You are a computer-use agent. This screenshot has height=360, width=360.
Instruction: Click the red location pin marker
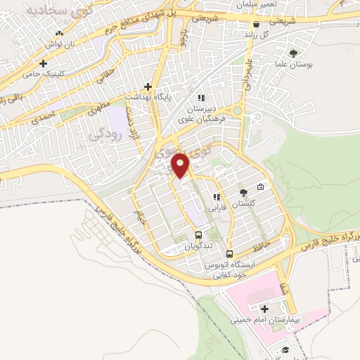181,165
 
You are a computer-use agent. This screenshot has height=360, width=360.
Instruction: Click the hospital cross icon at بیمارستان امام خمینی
264,309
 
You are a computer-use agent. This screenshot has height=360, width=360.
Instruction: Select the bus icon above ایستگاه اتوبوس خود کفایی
229,254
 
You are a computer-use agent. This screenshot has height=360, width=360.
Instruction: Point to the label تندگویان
198,247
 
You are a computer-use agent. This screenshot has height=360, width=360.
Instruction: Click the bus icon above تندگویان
198,236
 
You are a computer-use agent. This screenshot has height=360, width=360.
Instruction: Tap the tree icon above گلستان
243,192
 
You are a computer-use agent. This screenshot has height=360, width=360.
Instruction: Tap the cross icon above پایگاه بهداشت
148,86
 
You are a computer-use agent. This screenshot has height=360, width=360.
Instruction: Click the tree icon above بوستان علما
293,52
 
